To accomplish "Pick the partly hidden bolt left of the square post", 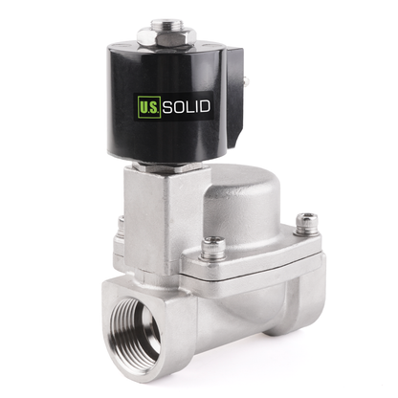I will coord(122,227).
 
